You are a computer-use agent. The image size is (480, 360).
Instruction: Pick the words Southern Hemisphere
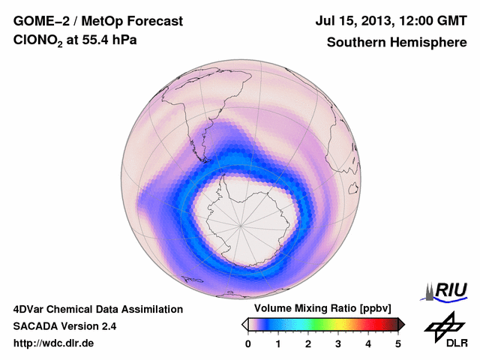pyautogui.click(x=397, y=42)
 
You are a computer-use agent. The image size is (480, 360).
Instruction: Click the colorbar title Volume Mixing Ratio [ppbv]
pyautogui.click(x=322, y=309)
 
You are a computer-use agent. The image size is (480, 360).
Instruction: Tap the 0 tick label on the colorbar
pyautogui.click(x=248, y=343)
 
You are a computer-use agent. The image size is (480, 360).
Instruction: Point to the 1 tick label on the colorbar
pyautogui.click(x=278, y=343)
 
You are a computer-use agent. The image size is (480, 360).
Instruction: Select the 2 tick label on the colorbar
pyautogui.click(x=308, y=343)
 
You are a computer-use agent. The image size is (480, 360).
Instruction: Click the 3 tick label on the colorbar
pyautogui.click(x=338, y=343)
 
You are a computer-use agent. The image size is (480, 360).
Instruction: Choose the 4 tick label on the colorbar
pyautogui.click(x=368, y=343)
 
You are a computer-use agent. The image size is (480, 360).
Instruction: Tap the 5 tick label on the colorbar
pyautogui.click(x=398, y=343)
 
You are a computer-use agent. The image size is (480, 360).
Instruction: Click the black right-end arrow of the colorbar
pyautogui.click(x=401, y=324)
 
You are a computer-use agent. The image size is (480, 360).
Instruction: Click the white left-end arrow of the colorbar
pyautogui.click(x=244, y=324)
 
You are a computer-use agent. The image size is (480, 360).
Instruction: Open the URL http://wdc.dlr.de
pyautogui.click(x=54, y=343)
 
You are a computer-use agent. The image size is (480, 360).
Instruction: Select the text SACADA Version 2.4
pyautogui.click(x=64, y=326)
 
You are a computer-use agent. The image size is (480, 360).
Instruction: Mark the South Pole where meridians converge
pyautogui.click(x=241, y=224)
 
